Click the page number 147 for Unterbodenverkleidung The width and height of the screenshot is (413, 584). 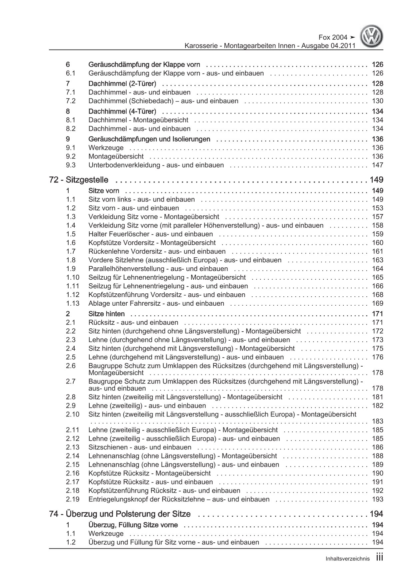[x=377, y=165]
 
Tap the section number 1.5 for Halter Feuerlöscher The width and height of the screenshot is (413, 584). [x=71, y=234]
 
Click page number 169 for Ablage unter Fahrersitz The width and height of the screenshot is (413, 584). [x=377, y=303]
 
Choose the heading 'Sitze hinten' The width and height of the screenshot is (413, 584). [x=107, y=314]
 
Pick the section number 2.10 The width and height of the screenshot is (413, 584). [x=73, y=414]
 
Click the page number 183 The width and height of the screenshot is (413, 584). [x=377, y=421]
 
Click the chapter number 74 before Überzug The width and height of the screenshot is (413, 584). [x=54, y=514]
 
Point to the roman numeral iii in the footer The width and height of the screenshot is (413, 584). [x=379, y=558]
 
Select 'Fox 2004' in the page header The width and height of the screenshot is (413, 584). [x=332, y=37]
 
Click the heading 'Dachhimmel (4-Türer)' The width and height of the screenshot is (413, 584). [x=122, y=111]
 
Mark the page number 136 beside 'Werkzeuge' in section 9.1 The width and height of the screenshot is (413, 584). [x=377, y=148]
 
